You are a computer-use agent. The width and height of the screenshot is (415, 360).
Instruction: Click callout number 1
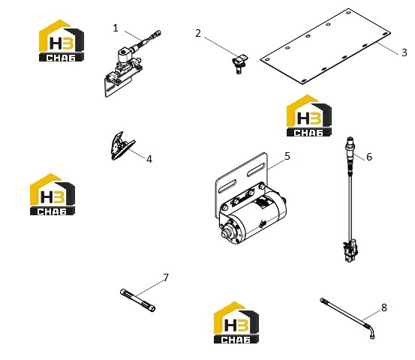click(x=116, y=28)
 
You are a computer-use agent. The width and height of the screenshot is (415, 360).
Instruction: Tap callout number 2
click(x=198, y=33)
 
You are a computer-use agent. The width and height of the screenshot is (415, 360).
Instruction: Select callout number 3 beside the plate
click(x=404, y=52)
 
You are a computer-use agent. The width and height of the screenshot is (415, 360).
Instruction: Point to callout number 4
click(x=149, y=159)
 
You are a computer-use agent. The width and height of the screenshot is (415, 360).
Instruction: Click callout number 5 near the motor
click(x=287, y=156)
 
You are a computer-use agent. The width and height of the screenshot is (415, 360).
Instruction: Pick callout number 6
click(x=369, y=157)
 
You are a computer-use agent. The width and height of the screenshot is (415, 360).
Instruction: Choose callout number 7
click(x=166, y=277)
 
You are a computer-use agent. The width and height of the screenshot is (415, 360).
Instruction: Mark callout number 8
click(x=384, y=307)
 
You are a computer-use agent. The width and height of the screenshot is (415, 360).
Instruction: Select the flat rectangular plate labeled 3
click(x=325, y=46)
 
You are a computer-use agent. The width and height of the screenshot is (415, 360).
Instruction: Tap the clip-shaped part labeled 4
click(x=122, y=146)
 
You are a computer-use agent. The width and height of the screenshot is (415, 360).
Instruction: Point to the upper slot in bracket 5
click(x=256, y=169)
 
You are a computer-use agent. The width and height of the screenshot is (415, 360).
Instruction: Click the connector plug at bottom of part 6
click(x=350, y=250)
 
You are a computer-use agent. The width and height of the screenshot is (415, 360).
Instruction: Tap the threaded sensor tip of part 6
click(x=350, y=141)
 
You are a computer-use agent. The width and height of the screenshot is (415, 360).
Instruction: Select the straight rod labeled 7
click(x=137, y=300)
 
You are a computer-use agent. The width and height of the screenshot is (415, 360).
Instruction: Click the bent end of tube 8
click(x=371, y=331)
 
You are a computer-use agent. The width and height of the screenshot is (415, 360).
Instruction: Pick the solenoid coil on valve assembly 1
click(x=125, y=55)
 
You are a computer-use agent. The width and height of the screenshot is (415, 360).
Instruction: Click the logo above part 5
click(x=309, y=115)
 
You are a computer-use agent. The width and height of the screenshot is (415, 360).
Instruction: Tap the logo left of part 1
click(x=62, y=40)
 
